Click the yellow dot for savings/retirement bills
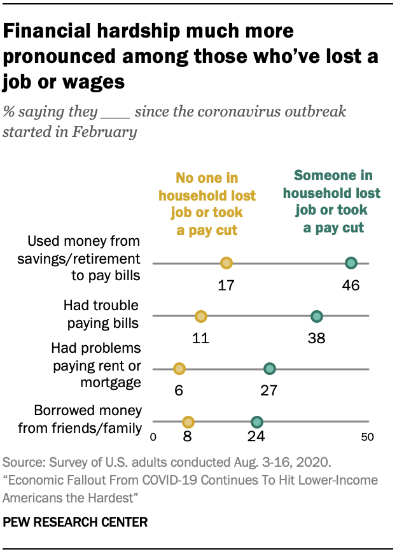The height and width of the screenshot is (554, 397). (226, 263)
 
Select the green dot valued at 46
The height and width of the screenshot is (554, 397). (351, 263)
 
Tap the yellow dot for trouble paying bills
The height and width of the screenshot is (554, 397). (201, 316)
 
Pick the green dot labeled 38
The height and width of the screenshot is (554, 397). (317, 316)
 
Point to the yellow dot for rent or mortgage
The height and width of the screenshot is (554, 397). (179, 369)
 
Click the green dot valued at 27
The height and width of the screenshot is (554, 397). (269, 369)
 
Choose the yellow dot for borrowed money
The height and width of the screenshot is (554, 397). (188, 422)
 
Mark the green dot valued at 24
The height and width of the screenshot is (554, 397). (256, 422)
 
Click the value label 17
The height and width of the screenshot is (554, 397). (226, 285)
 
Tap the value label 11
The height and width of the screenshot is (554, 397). (201, 337)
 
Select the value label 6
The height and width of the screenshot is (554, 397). (179, 390)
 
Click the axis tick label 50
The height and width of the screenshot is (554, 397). (367, 437)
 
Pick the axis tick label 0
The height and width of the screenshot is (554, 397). (153, 437)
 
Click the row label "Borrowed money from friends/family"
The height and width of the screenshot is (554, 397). (80, 419)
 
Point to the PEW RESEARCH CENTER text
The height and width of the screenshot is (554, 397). (75, 522)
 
